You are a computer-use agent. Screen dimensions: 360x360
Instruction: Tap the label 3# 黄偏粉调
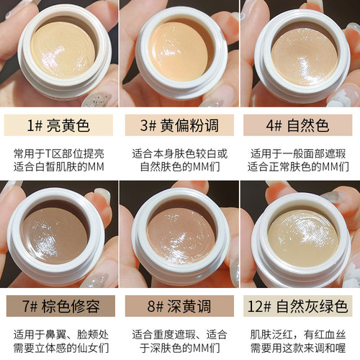pyautogui.click(x=180, y=126)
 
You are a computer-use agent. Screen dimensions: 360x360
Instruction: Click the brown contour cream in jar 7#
pyautogui.click(x=58, y=235)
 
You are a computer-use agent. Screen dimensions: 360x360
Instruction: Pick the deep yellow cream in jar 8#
pyautogui.click(x=180, y=235)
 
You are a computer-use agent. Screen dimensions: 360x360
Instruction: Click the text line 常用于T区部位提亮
pyautogui.click(x=60, y=153)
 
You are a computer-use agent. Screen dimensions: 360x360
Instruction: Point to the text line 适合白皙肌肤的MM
pyautogui.click(x=60, y=167)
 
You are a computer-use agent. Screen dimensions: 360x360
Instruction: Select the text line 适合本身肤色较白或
pyautogui.click(x=180, y=153)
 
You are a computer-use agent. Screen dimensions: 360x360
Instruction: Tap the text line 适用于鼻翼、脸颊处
pyautogui.click(x=60, y=334)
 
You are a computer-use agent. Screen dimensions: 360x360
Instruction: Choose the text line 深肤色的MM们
pyautogui.click(x=180, y=348)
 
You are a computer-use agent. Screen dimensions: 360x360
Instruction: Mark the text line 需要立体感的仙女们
pyautogui.click(x=60, y=348)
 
